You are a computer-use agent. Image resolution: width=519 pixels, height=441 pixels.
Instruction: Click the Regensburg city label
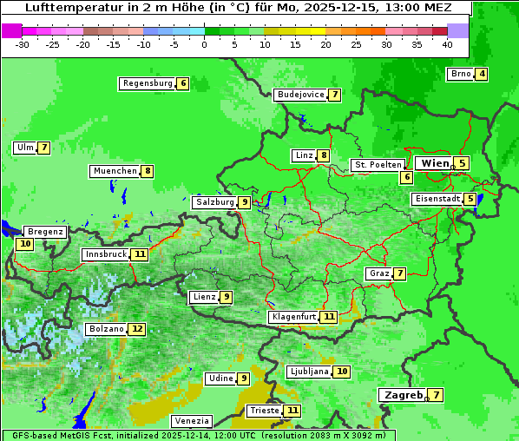click(x=147, y=83)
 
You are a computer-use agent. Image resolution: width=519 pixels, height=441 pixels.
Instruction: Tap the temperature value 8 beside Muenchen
click(x=148, y=171)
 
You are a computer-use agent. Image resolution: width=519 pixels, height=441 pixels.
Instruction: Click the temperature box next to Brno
click(x=481, y=74)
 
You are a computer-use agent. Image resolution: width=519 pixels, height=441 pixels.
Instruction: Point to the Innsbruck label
click(x=105, y=254)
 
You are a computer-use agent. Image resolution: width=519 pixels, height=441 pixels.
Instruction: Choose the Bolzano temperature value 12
click(x=137, y=329)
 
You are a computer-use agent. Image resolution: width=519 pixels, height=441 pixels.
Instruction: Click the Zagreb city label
click(x=403, y=395)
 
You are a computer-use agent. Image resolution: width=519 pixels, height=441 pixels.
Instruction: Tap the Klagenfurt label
click(x=293, y=317)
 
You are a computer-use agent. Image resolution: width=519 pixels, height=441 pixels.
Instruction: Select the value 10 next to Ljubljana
click(x=342, y=372)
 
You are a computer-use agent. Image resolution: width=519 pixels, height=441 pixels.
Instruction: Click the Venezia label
click(x=192, y=421)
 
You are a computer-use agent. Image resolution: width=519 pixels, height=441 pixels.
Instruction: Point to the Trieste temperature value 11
click(x=292, y=411)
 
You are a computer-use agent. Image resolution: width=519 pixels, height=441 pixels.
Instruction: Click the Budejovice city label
click(x=300, y=95)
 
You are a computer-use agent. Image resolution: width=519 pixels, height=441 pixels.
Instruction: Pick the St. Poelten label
click(x=378, y=165)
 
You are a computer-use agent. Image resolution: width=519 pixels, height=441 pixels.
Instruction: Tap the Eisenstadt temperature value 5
click(x=470, y=199)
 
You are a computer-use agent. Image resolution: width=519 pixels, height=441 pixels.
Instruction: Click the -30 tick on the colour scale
click(x=23, y=43)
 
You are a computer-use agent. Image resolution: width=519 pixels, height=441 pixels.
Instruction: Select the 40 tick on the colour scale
click(x=447, y=43)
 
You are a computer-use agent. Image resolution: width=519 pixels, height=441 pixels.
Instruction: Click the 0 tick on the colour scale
click(x=205, y=43)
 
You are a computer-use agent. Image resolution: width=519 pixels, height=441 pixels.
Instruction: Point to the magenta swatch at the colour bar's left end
click(x=11, y=30)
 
